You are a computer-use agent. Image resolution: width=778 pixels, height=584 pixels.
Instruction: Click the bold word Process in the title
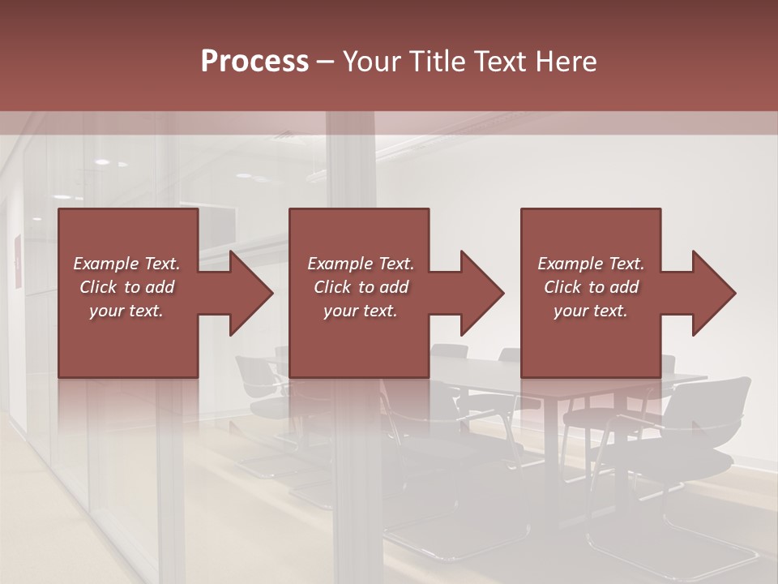click(254, 62)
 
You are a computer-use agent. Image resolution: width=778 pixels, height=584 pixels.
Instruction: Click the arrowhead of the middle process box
click(481, 293)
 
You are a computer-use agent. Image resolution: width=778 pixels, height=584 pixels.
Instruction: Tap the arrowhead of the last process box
click(713, 293)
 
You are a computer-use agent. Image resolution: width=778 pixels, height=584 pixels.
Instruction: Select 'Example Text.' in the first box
click(126, 264)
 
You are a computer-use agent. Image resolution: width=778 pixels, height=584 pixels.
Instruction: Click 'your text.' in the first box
click(126, 311)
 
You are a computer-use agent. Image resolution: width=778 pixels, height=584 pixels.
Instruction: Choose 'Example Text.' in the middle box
click(361, 264)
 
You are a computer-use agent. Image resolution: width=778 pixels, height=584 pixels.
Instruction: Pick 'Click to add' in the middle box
click(361, 287)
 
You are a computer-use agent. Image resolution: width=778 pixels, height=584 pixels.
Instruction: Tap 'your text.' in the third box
click(591, 311)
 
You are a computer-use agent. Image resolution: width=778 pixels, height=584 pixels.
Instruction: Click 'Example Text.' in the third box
click(591, 264)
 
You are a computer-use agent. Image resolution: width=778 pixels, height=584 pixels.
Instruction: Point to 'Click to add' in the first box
click(126, 287)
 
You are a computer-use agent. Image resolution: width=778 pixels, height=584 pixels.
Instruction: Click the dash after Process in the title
click(326, 62)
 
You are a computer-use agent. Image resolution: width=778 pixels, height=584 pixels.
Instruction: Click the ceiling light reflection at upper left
click(100, 162)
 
